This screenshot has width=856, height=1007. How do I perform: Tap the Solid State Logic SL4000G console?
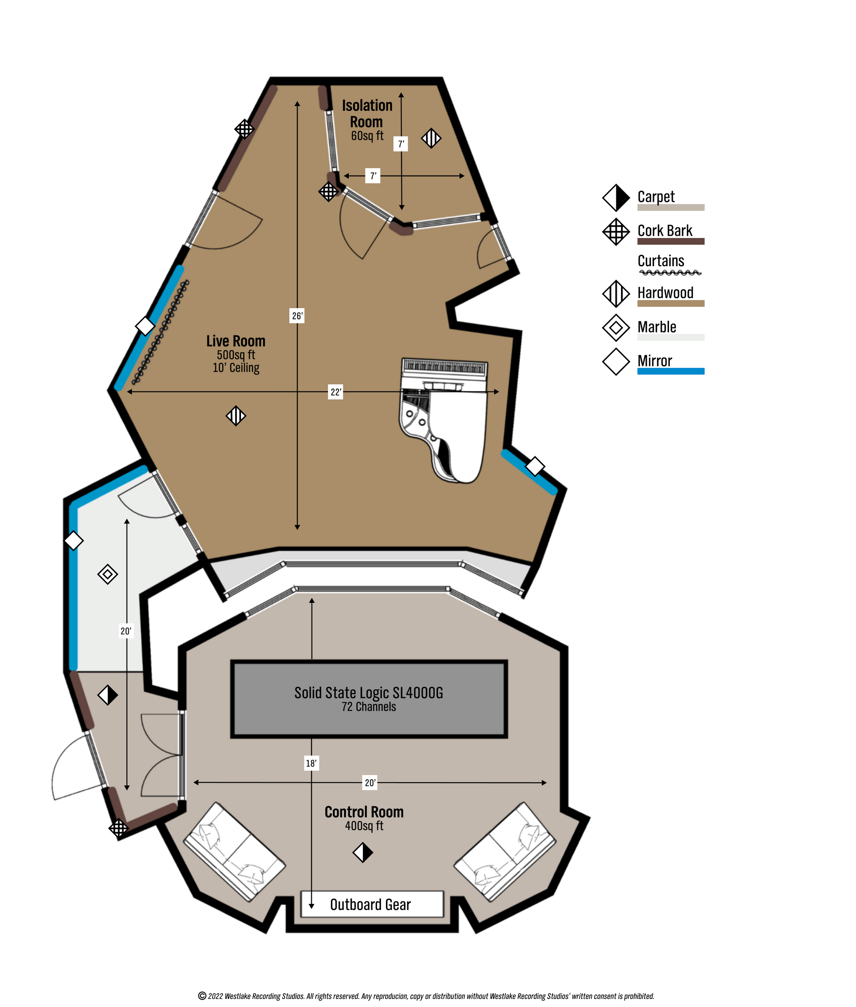[369, 699]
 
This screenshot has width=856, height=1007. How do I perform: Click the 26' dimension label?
[297, 316]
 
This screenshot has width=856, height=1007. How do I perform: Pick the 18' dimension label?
[311, 763]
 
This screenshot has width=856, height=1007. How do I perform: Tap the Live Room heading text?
[236, 341]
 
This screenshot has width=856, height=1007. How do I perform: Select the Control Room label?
[364, 811]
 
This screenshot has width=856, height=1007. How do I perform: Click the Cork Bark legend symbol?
[616, 232]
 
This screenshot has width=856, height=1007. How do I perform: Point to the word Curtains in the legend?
[660, 261]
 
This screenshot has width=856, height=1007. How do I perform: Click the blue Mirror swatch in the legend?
[671, 371]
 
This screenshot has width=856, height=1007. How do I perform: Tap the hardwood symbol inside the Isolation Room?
[431, 138]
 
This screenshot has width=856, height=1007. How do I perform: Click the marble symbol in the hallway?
[108, 574]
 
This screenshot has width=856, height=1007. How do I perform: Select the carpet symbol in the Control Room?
[363, 852]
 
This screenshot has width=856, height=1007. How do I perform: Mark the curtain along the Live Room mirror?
[160, 333]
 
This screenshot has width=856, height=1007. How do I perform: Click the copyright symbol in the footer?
[202, 996]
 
